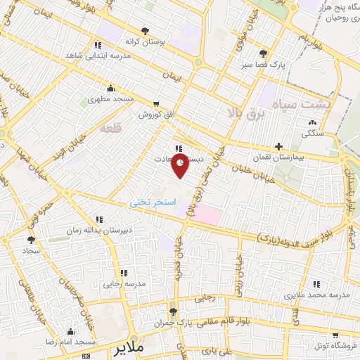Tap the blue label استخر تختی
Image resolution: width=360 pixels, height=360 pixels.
[x=149, y=202]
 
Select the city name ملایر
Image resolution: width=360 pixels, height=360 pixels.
[x=133, y=348]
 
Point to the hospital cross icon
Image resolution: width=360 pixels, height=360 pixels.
[x=279, y=147]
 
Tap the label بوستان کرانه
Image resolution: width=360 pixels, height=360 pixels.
[x=146, y=42]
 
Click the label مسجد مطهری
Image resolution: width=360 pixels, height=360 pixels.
[x=110, y=100]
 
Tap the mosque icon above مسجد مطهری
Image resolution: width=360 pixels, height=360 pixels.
[x=110, y=89]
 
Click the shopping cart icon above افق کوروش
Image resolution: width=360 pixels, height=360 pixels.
[x=156, y=103]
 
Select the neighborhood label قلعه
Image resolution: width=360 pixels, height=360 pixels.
[x=111, y=129]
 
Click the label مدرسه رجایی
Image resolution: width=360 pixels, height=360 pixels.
[x=124, y=285]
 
